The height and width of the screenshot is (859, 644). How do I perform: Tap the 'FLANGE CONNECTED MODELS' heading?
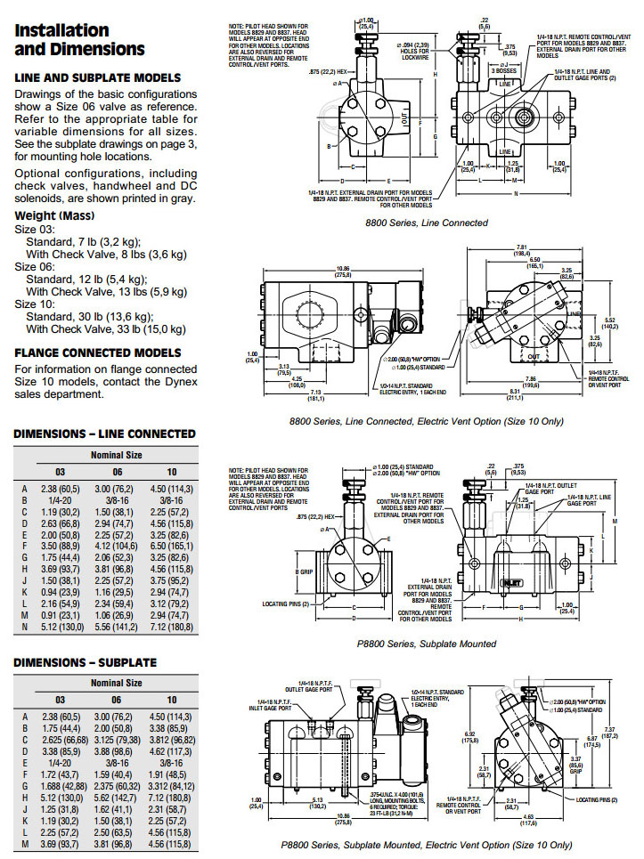[x=98, y=353]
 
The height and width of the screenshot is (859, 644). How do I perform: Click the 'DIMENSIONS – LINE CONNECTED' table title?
[x=104, y=434]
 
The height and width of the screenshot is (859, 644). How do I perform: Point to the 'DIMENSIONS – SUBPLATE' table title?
[x=85, y=662]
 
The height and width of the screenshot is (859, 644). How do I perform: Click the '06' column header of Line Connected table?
[x=117, y=471]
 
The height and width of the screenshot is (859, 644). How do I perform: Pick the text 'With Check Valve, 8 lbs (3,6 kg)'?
[x=106, y=253]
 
